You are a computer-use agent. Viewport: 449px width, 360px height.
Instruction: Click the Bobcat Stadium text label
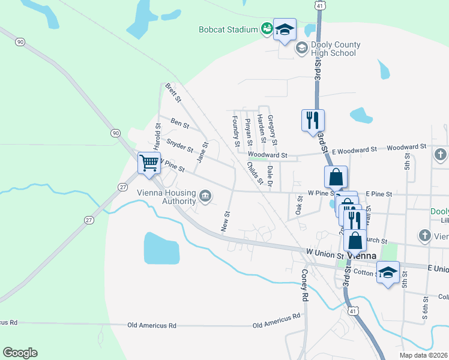pos(228,29)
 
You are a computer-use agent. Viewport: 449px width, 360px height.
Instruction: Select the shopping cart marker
pos(149,162)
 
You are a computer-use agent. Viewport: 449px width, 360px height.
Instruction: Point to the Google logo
pos(20,353)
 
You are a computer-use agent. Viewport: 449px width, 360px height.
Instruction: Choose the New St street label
pos(226,221)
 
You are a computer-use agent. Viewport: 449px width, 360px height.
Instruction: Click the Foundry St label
pos(236,131)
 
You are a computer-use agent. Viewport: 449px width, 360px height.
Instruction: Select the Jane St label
pos(202,152)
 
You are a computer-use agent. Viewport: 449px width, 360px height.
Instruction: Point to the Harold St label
pos(158,136)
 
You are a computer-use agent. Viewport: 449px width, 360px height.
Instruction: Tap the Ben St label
pos(179,124)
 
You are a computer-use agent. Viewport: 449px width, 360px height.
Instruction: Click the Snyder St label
pos(179,145)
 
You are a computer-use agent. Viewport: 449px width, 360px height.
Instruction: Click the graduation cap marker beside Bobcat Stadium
pos(285,29)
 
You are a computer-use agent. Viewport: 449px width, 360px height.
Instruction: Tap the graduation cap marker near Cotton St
pos(388,272)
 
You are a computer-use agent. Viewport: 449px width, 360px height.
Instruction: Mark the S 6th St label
pos(426,307)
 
